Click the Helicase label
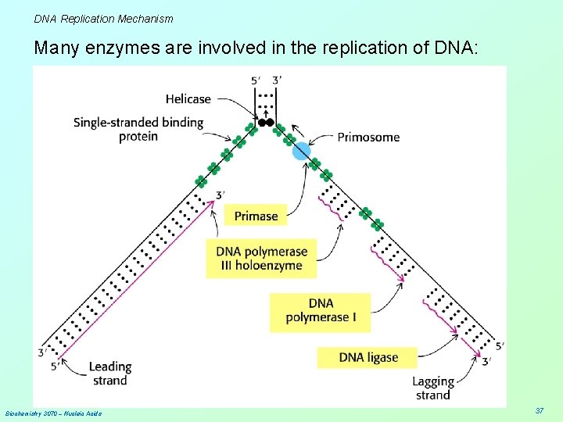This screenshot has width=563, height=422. pyautogui.click(x=188, y=99)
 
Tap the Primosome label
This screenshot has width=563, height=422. pyautogui.click(x=368, y=137)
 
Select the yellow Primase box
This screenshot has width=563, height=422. pyautogui.click(x=256, y=215)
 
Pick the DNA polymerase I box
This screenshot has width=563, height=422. pyautogui.click(x=321, y=310)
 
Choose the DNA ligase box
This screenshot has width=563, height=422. pyautogui.click(x=368, y=357)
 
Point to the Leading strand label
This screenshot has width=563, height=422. pyautogui.click(x=109, y=374)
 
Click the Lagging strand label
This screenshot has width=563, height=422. pyautogui.click(x=433, y=388)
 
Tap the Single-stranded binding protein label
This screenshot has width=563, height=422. pyautogui.click(x=138, y=129)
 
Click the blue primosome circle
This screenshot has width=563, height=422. pyautogui.click(x=302, y=151)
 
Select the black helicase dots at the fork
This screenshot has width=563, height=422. pyautogui.click(x=265, y=123)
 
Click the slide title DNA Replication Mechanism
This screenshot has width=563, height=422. pyautogui.click(x=103, y=18)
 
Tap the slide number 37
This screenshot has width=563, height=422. pyautogui.click(x=539, y=410)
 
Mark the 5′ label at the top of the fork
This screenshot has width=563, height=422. pyautogui.click(x=256, y=80)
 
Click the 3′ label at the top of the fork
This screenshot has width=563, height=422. pyautogui.click(x=277, y=80)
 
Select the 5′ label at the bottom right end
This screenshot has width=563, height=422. pyautogui.click(x=499, y=346)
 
